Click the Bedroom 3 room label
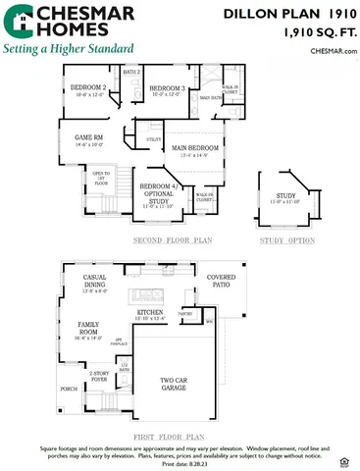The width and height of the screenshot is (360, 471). coord(167,90)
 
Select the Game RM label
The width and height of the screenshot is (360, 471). coord(90,139)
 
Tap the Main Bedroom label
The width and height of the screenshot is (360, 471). coord(193,149)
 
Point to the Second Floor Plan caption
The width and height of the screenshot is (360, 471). coord(173,238)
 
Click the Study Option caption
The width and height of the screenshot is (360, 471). coord(287,238)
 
